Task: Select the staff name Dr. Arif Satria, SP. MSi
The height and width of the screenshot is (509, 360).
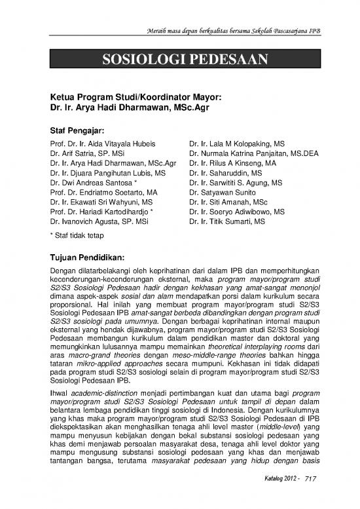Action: pyautogui.click(x=90, y=153)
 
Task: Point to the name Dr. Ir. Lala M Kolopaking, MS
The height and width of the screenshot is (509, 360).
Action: pyautogui.click(x=236, y=142)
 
